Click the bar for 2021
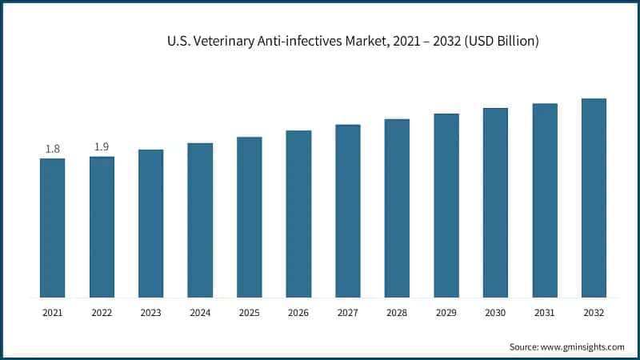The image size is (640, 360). (x=52, y=228)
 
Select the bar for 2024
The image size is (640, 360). (x=200, y=220)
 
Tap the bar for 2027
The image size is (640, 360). (x=348, y=211)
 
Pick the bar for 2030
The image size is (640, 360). (x=495, y=202)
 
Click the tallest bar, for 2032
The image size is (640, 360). (x=594, y=198)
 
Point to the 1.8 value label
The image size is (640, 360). (x=52, y=149)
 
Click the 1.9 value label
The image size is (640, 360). (x=102, y=146)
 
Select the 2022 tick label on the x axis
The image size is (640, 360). (x=102, y=313)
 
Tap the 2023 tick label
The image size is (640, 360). (x=150, y=313)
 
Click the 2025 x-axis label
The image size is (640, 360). (x=249, y=313)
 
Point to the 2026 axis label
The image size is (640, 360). (x=298, y=313)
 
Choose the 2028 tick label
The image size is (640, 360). (x=397, y=313)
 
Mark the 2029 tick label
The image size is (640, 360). (x=446, y=313)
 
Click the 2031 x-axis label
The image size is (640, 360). (x=545, y=313)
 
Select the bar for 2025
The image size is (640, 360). (x=249, y=217)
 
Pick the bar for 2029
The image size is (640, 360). (x=446, y=206)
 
